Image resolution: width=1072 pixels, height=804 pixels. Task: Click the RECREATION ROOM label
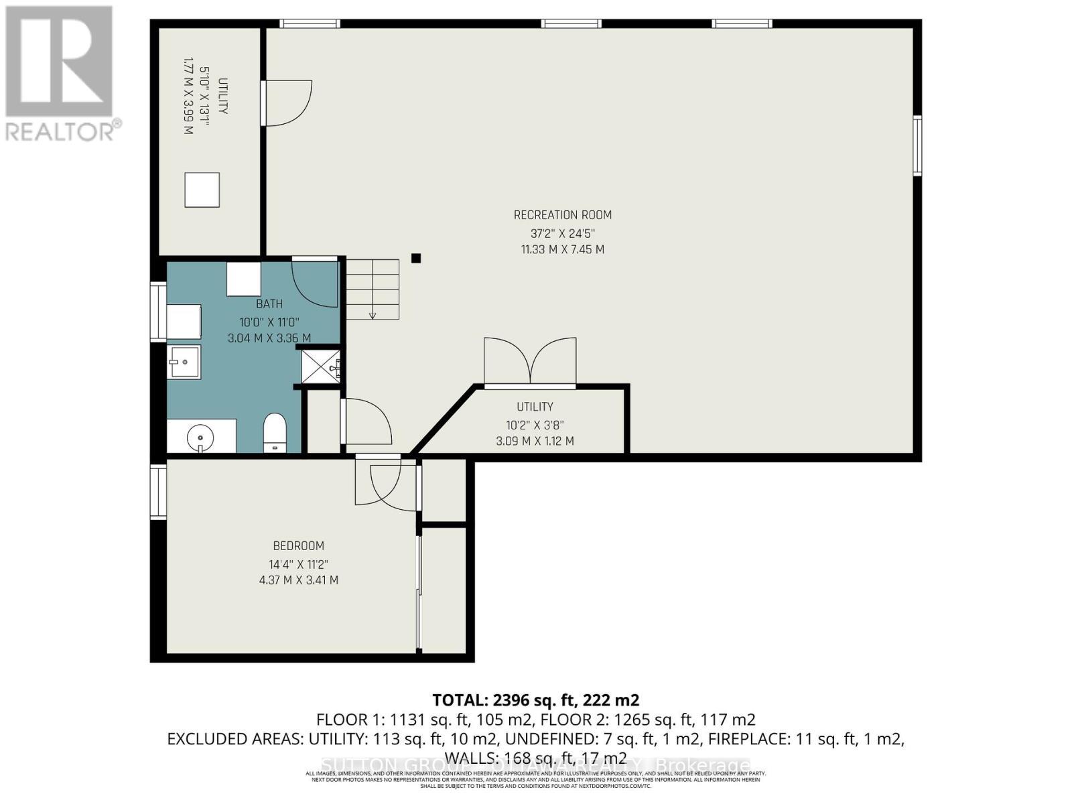[x=562, y=215]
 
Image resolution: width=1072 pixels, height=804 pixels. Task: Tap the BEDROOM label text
[x=298, y=546]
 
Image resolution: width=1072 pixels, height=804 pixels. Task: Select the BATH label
[x=269, y=304]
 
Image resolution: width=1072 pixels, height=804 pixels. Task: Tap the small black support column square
[x=416, y=258]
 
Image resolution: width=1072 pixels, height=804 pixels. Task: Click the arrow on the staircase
[x=373, y=314]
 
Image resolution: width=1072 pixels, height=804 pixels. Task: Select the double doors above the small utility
[x=530, y=361]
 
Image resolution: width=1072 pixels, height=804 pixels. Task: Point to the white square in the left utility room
[x=202, y=190]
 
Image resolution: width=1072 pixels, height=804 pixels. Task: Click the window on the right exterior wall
[x=917, y=145]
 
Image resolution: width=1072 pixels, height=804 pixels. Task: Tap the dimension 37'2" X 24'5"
[x=562, y=233]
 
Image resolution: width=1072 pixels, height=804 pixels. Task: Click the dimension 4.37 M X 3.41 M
[x=298, y=580]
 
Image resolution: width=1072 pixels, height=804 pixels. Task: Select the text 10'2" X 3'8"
[x=535, y=424]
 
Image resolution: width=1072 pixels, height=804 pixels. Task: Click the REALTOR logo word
[x=64, y=130]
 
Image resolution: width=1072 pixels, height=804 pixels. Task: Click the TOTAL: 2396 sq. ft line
[x=535, y=700]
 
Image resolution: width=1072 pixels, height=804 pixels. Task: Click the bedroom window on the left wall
[x=157, y=492]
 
